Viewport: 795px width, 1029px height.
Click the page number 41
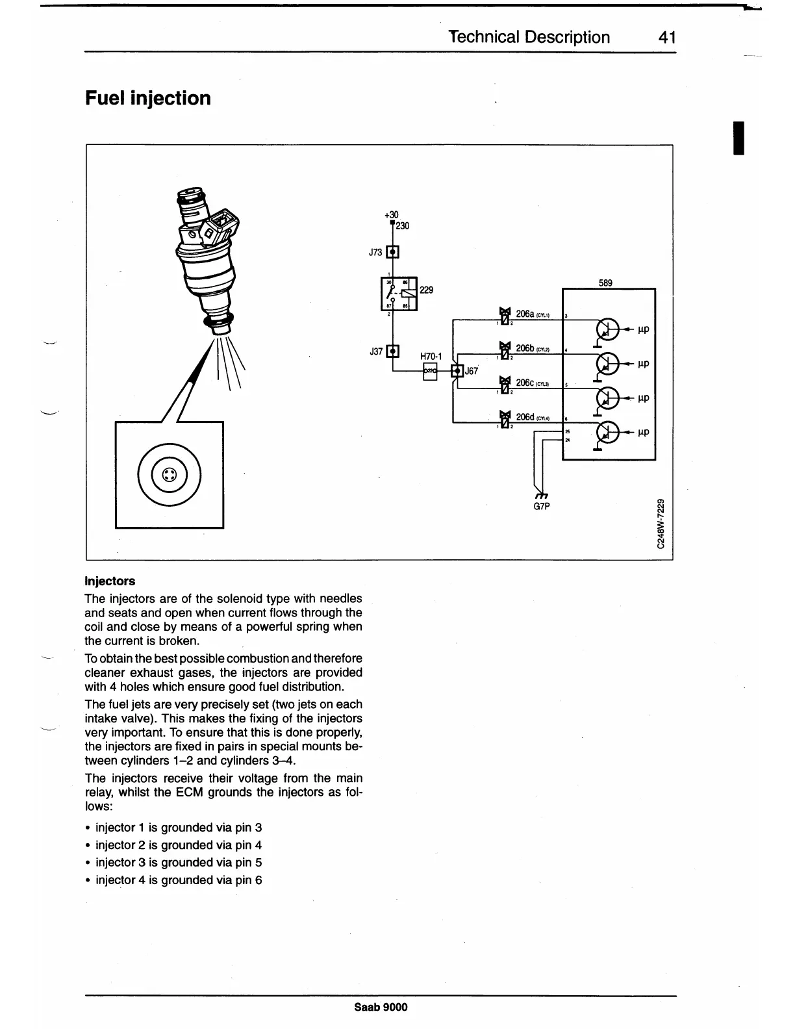tap(667, 37)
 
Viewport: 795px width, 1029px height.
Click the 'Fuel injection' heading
tap(148, 99)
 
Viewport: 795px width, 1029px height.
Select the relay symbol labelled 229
tap(398, 294)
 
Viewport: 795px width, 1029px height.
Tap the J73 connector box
tap(393, 252)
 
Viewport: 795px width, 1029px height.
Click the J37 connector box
tap(393, 351)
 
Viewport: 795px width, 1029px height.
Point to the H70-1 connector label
tap(431, 357)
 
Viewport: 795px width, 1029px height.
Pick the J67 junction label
tap(471, 371)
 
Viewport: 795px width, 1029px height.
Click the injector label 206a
tap(525, 314)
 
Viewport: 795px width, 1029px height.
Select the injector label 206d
tap(525, 416)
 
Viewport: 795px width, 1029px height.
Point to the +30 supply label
tap(391, 215)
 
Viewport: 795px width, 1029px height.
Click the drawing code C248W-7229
tap(661, 524)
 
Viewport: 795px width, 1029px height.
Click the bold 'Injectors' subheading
tap(110, 581)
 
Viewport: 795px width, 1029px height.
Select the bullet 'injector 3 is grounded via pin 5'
tap(179, 863)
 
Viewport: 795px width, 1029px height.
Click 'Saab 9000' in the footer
tap(381, 1007)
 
